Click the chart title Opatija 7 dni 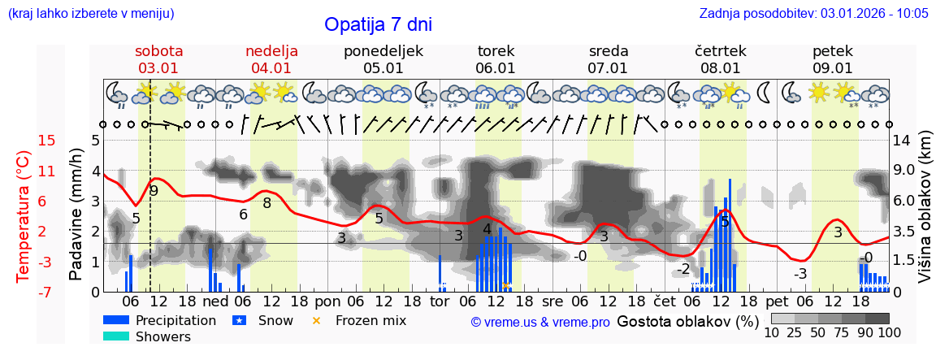(378, 24)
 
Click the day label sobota (158, 51)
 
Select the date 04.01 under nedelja (271, 68)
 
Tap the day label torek (496, 51)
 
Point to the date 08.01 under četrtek (721, 68)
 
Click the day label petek (833, 51)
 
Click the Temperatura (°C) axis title (23, 216)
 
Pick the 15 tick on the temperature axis (47, 141)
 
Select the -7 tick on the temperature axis (47, 292)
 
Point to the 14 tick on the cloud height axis (903, 141)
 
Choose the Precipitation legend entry (175, 320)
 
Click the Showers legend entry (163, 336)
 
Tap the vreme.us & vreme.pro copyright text (540, 322)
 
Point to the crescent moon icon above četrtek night (765, 93)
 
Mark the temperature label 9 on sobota (154, 190)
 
